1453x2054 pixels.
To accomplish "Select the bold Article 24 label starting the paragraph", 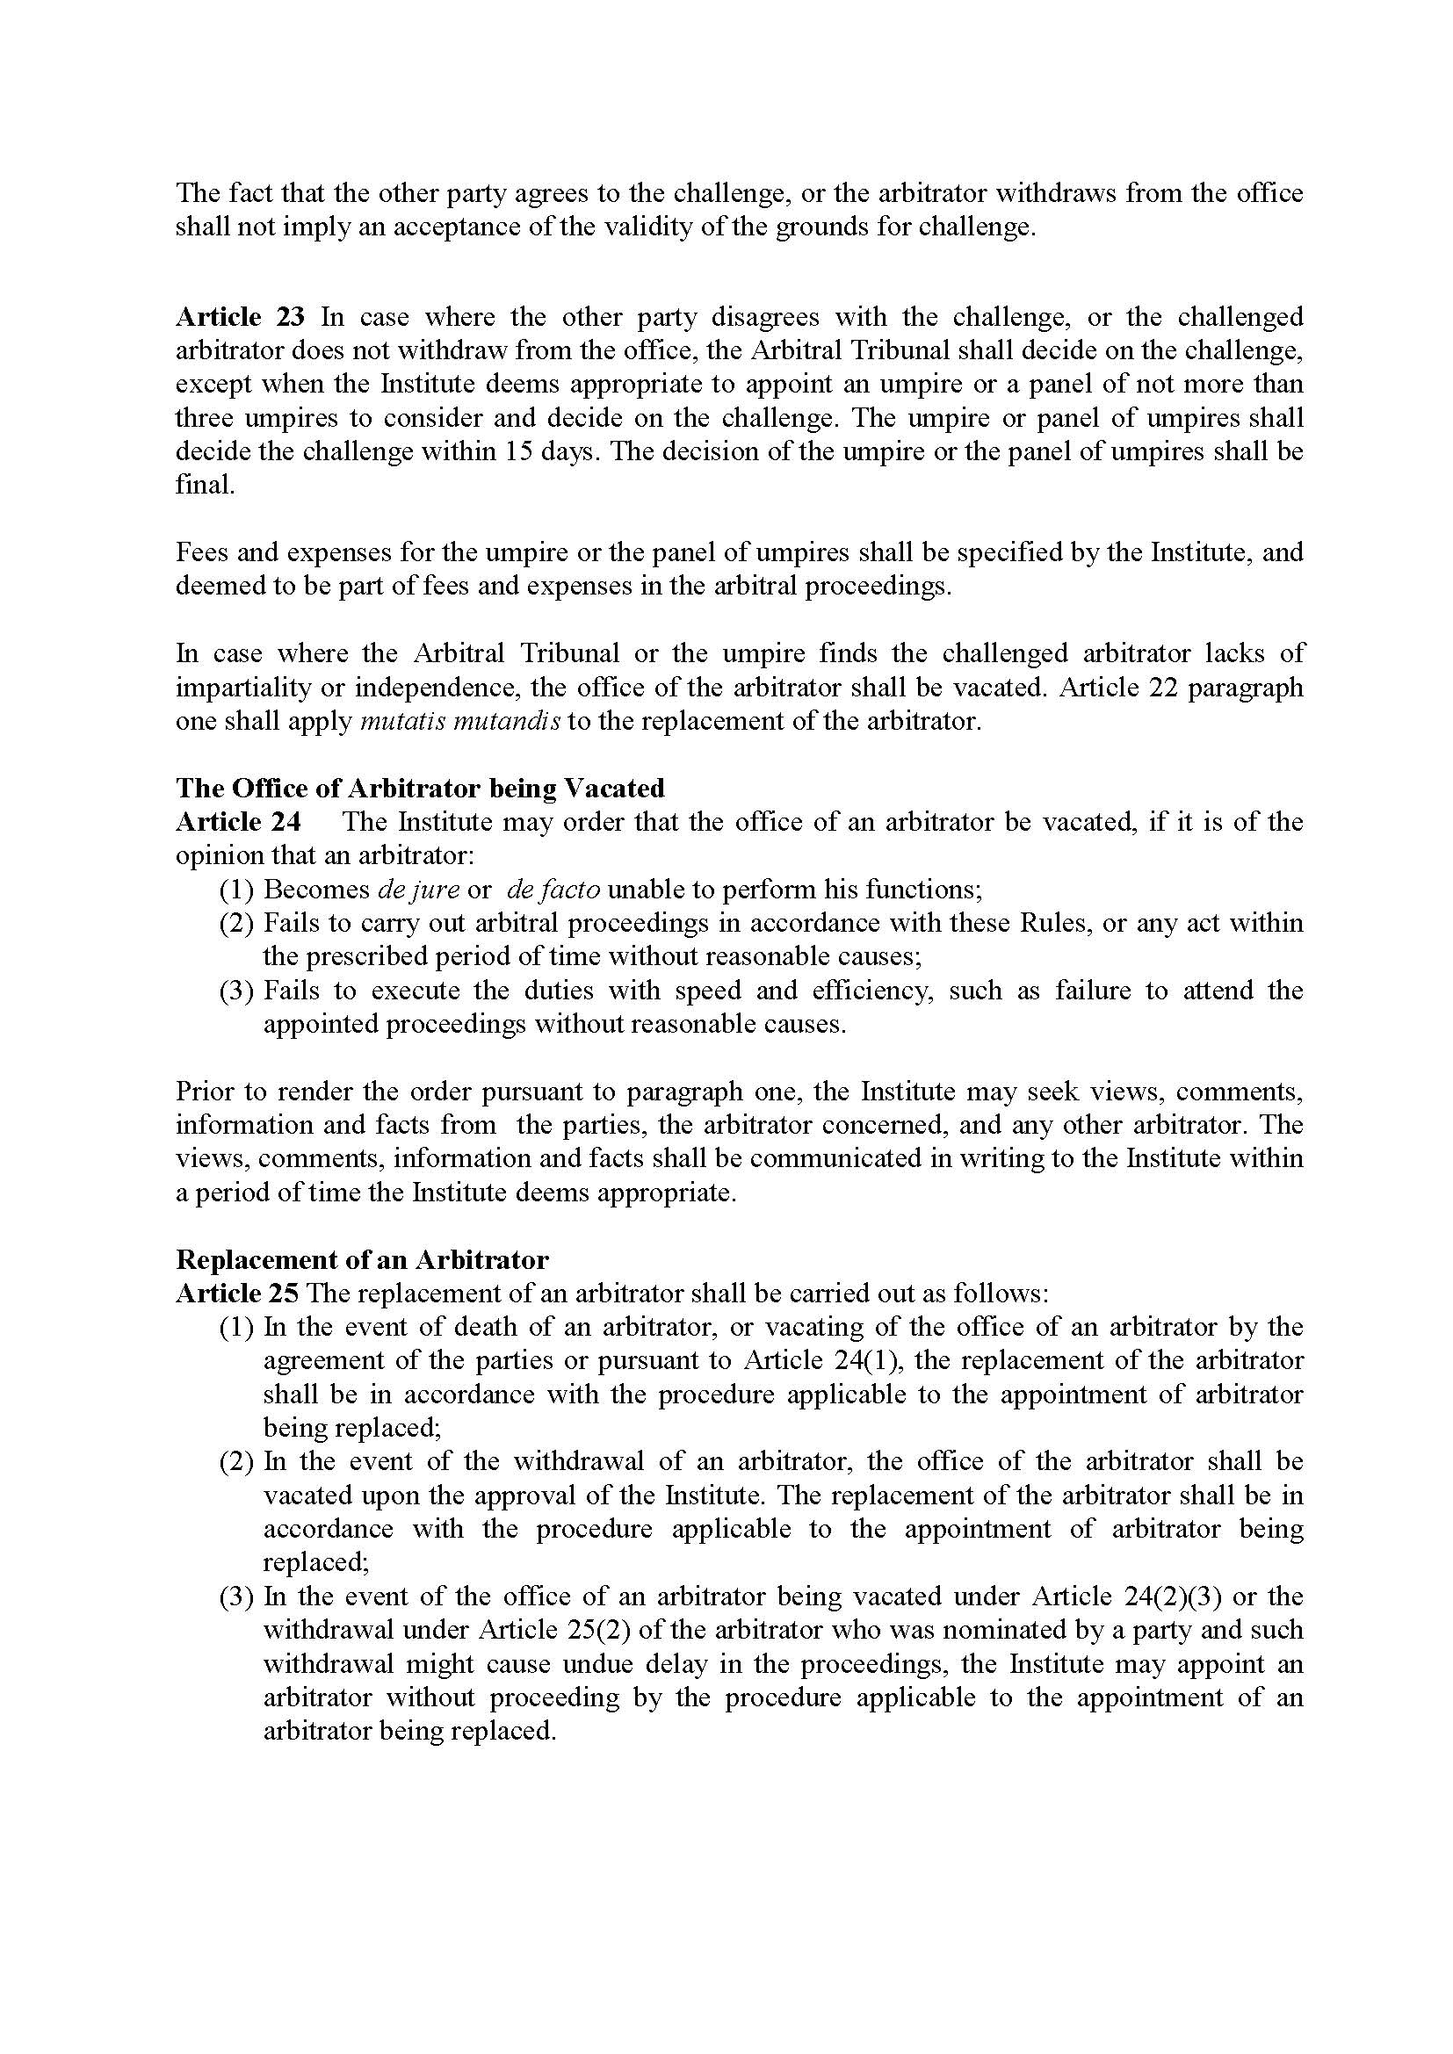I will click(238, 821).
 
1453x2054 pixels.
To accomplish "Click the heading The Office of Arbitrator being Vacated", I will click(420, 788).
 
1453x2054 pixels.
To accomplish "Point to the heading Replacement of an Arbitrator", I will click(361, 1259).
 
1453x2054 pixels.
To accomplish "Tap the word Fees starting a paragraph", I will click(202, 552).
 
